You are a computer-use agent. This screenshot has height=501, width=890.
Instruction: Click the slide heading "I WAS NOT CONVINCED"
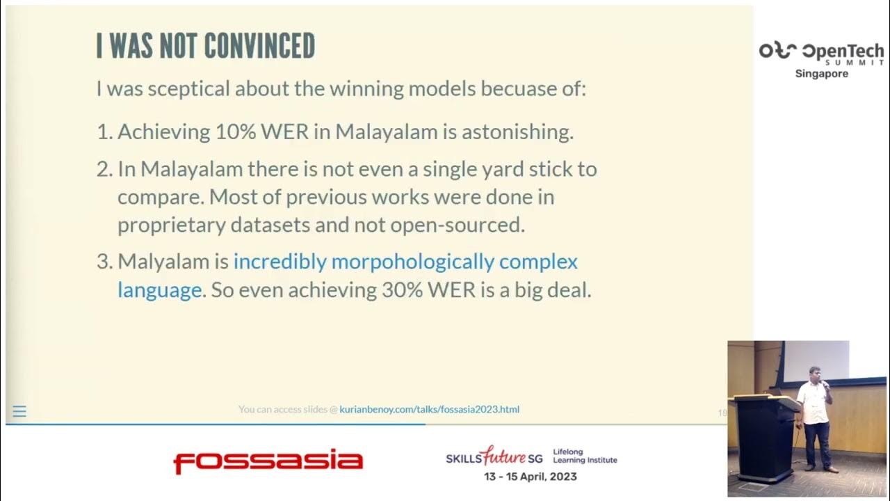click(x=205, y=46)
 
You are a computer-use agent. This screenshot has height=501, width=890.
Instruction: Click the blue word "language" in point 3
click(x=159, y=290)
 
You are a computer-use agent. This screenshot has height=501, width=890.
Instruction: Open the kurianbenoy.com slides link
click(x=429, y=410)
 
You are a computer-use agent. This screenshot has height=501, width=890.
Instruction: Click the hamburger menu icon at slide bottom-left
click(x=19, y=411)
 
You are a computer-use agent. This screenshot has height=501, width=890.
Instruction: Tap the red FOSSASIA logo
click(x=268, y=461)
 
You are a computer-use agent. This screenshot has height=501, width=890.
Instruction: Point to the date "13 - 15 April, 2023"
click(x=530, y=477)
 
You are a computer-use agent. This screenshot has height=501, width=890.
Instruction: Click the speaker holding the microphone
click(x=815, y=417)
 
